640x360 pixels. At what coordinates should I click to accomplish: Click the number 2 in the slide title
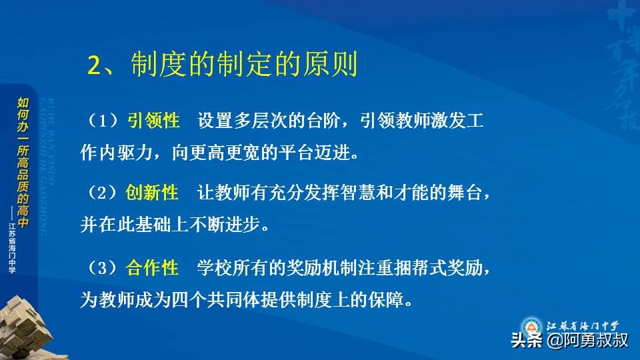coord(94,67)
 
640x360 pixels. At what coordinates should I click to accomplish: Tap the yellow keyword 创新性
coord(152,193)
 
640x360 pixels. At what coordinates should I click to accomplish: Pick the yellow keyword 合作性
coord(152,268)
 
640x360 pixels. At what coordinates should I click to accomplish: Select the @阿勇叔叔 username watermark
coord(587,341)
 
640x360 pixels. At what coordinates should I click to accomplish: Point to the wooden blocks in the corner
coord(27,327)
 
